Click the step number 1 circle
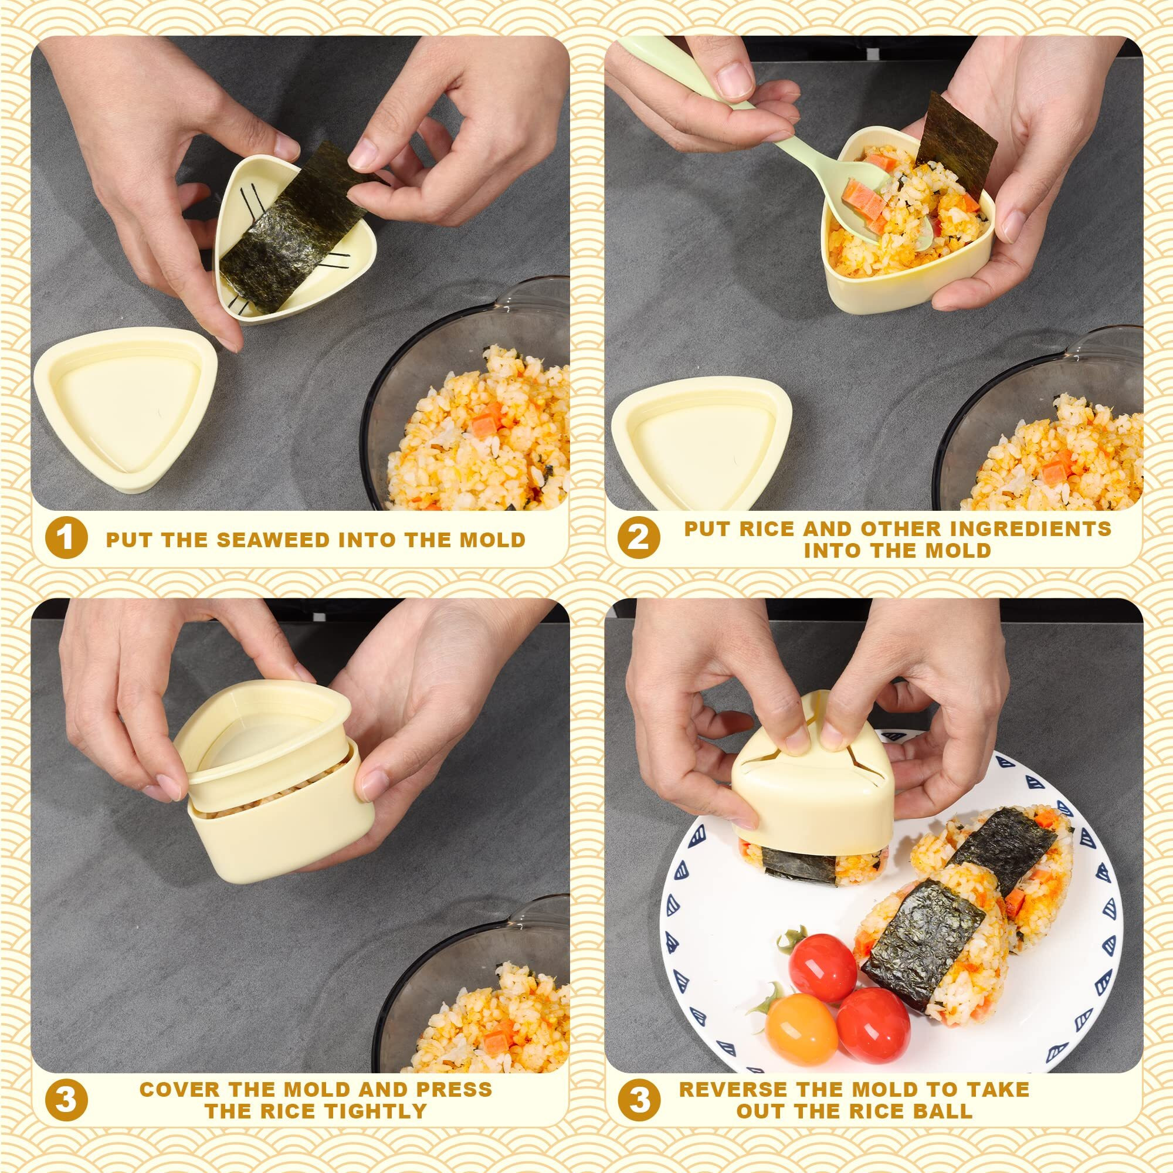[66, 538]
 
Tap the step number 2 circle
[638, 538]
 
